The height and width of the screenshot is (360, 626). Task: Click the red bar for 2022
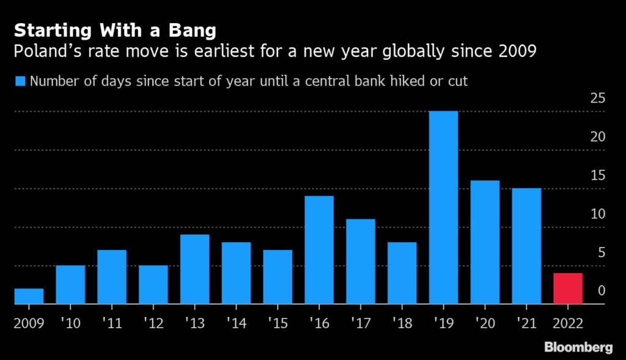pyautogui.click(x=568, y=288)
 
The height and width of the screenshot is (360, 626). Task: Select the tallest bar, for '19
pyautogui.click(x=443, y=208)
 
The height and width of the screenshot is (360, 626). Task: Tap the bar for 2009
pyautogui.click(x=29, y=296)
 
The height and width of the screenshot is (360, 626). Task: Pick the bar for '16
pyautogui.click(x=319, y=250)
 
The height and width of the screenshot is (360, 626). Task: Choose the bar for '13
pyautogui.click(x=194, y=269)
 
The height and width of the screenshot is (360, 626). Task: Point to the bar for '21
pyautogui.click(x=526, y=246)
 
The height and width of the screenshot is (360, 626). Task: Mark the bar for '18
pyautogui.click(x=402, y=273)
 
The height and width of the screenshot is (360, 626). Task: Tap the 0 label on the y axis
pyautogui.click(x=602, y=291)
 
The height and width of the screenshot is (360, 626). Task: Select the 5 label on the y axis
pyautogui.click(x=602, y=252)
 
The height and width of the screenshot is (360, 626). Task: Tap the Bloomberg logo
pyautogui.click(x=578, y=347)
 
